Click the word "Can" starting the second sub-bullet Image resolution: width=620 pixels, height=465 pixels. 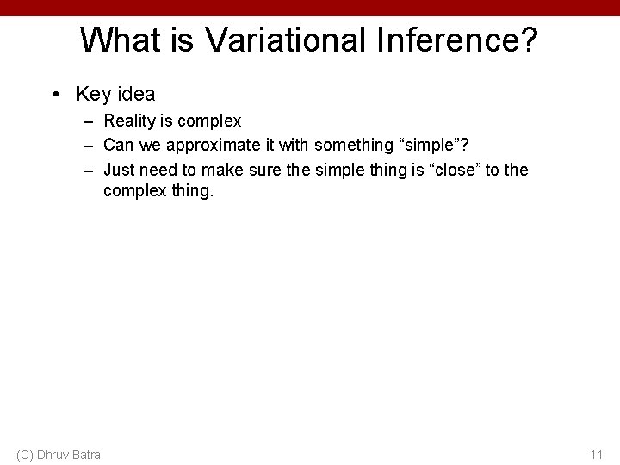tap(118, 146)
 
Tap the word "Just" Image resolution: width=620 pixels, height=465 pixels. tap(120, 170)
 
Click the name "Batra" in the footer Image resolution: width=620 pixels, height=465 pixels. tap(84, 454)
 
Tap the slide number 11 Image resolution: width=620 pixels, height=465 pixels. tap(597, 454)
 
